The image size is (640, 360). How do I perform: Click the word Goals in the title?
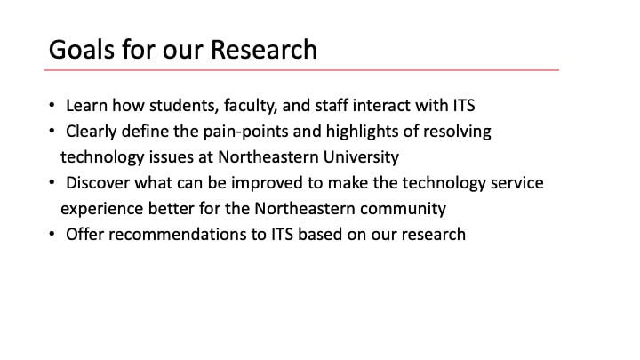[x=82, y=50]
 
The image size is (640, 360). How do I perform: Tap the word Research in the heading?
[x=264, y=50]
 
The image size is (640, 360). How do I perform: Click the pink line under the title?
[x=301, y=70]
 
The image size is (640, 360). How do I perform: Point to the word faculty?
[x=251, y=106]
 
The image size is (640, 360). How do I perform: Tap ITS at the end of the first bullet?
[x=464, y=105]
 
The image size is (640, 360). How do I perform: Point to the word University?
[x=361, y=157]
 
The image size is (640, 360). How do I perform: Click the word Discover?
[x=98, y=183]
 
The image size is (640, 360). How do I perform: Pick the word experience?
[x=101, y=209]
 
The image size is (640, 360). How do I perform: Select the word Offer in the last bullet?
[x=84, y=235]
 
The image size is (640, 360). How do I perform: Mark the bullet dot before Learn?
[x=52, y=105]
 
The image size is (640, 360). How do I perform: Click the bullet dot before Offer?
[x=52, y=234]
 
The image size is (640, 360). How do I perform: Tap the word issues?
[x=171, y=157]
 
